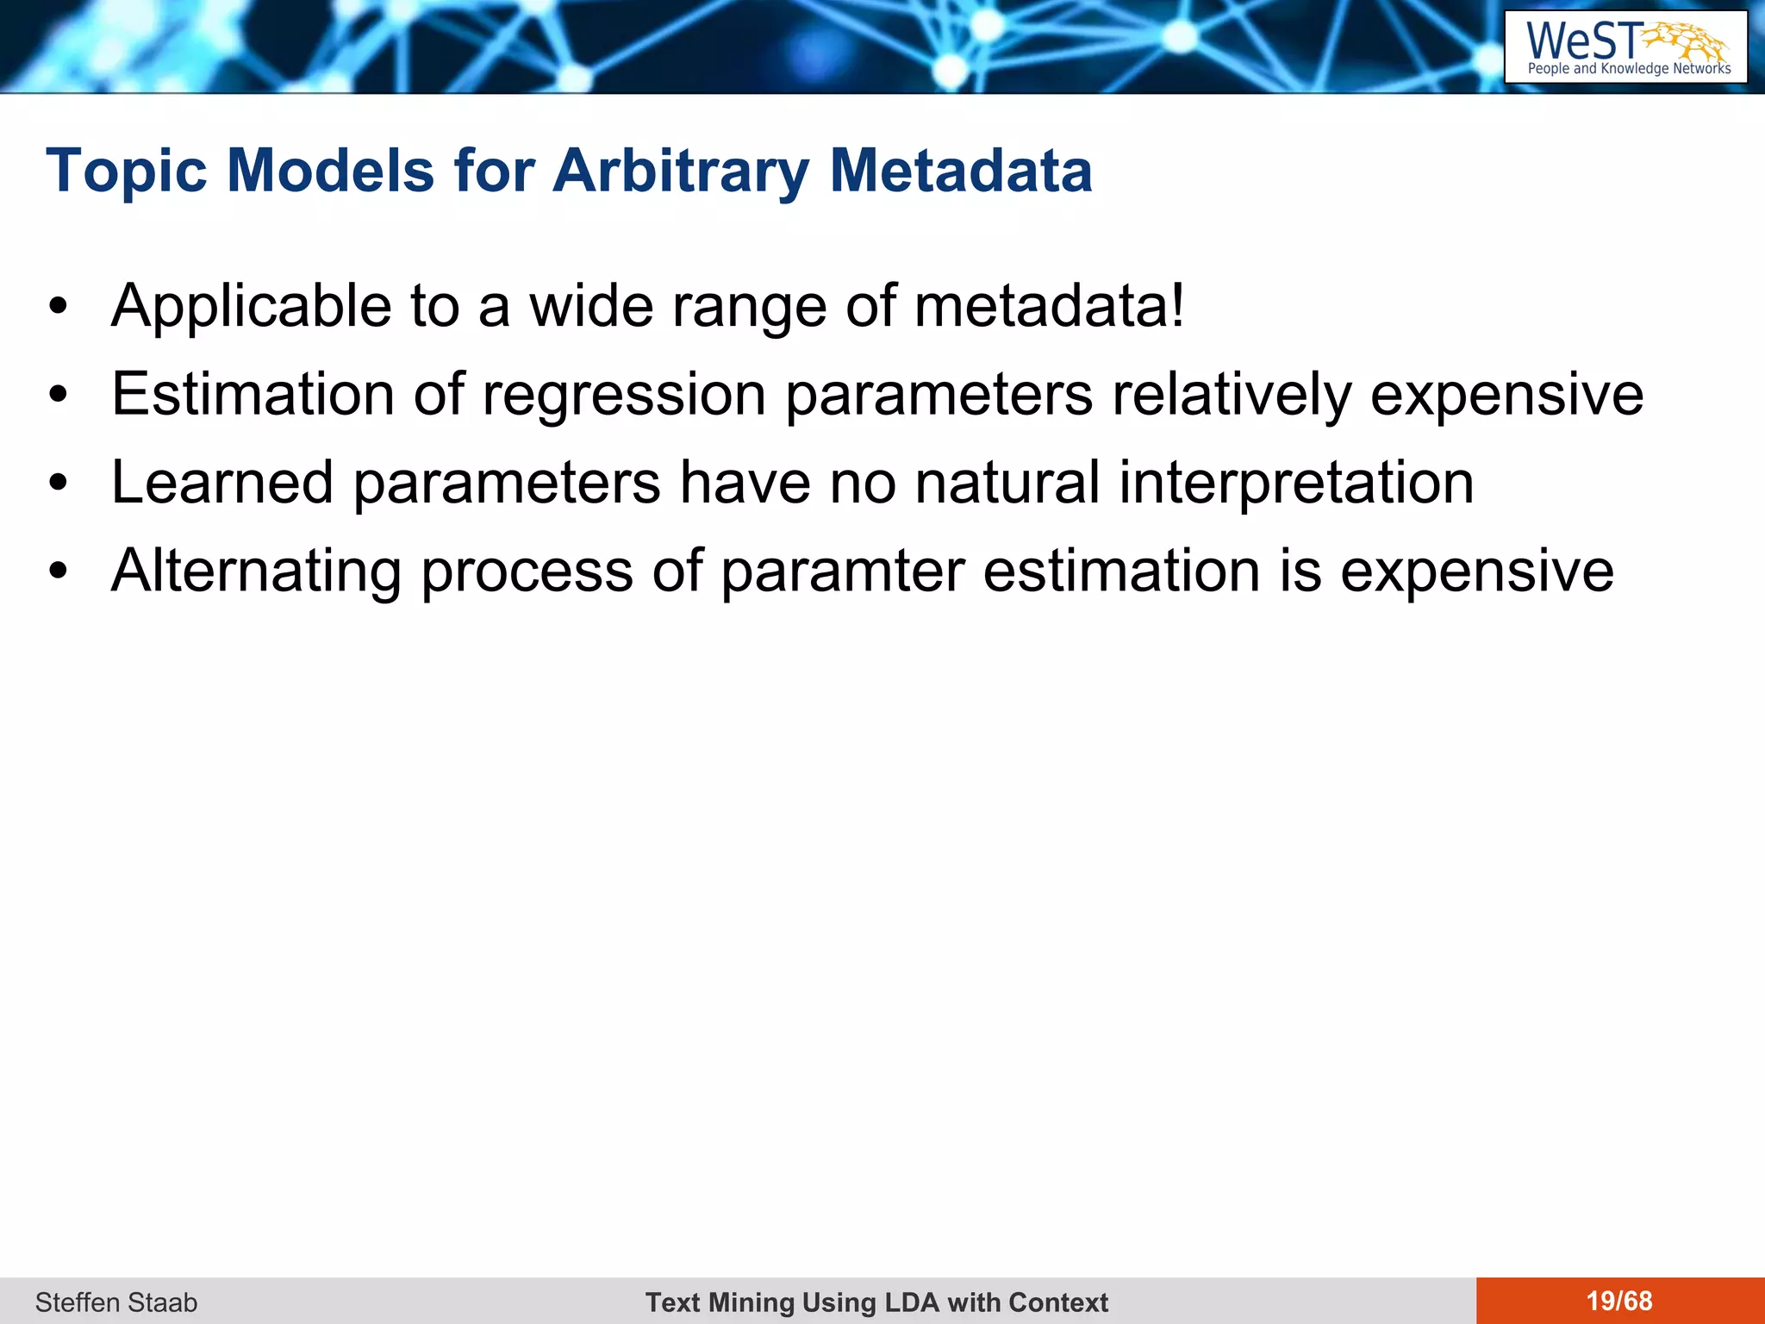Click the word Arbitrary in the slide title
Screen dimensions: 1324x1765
[681, 172]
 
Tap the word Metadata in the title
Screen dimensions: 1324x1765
[960, 172]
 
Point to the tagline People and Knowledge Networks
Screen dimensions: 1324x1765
[1629, 69]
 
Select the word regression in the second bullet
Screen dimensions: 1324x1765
[624, 396]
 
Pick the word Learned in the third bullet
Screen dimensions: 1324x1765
[222, 483]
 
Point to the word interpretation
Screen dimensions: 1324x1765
[1296, 483]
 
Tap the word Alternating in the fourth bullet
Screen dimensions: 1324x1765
[257, 571]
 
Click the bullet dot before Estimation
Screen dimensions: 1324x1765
[58, 396]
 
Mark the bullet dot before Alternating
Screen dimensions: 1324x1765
[58, 571]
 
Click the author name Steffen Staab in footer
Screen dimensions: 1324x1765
[116, 1302]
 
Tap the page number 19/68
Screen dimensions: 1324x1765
[1619, 1301]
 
